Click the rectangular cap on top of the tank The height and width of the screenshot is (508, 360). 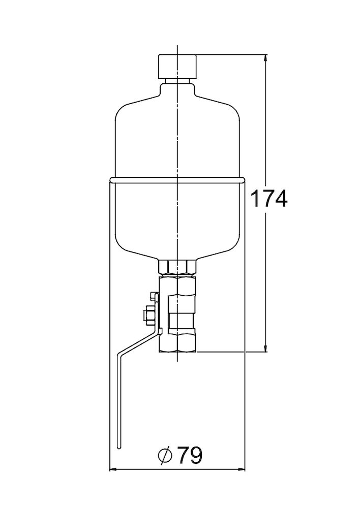(x=177, y=67)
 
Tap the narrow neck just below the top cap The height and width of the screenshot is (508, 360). (x=177, y=81)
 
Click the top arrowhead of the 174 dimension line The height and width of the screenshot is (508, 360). (x=266, y=58)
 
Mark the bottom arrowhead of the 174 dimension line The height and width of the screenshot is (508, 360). (x=266, y=348)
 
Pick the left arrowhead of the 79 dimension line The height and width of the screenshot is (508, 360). (x=113, y=469)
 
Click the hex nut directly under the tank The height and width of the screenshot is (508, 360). (x=177, y=267)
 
